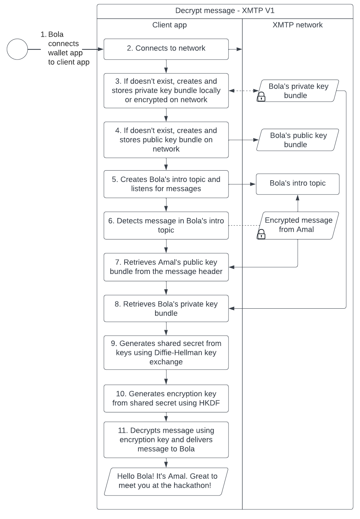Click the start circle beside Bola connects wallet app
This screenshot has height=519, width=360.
point(17,49)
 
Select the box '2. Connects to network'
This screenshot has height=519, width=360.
point(166,49)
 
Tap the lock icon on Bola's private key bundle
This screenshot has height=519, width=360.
point(261,97)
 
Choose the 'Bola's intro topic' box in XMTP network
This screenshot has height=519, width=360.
point(298,183)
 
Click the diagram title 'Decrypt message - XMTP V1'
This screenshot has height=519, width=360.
point(225,11)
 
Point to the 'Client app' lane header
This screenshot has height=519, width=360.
point(169,25)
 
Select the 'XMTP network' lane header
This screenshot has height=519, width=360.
point(297,25)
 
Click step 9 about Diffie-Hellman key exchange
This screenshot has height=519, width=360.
point(166,353)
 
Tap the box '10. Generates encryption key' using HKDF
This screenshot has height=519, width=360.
point(166,398)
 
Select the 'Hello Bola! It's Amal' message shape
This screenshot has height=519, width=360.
point(166,481)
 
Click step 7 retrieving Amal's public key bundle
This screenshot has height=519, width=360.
point(166,267)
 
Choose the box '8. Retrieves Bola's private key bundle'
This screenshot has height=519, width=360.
point(166,308)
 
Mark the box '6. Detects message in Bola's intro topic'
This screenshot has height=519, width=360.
point(166,225)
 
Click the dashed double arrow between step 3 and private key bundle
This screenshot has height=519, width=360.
point(244,91)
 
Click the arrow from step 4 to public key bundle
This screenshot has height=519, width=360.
point(244,140)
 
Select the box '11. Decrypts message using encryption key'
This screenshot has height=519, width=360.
point(166,439)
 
